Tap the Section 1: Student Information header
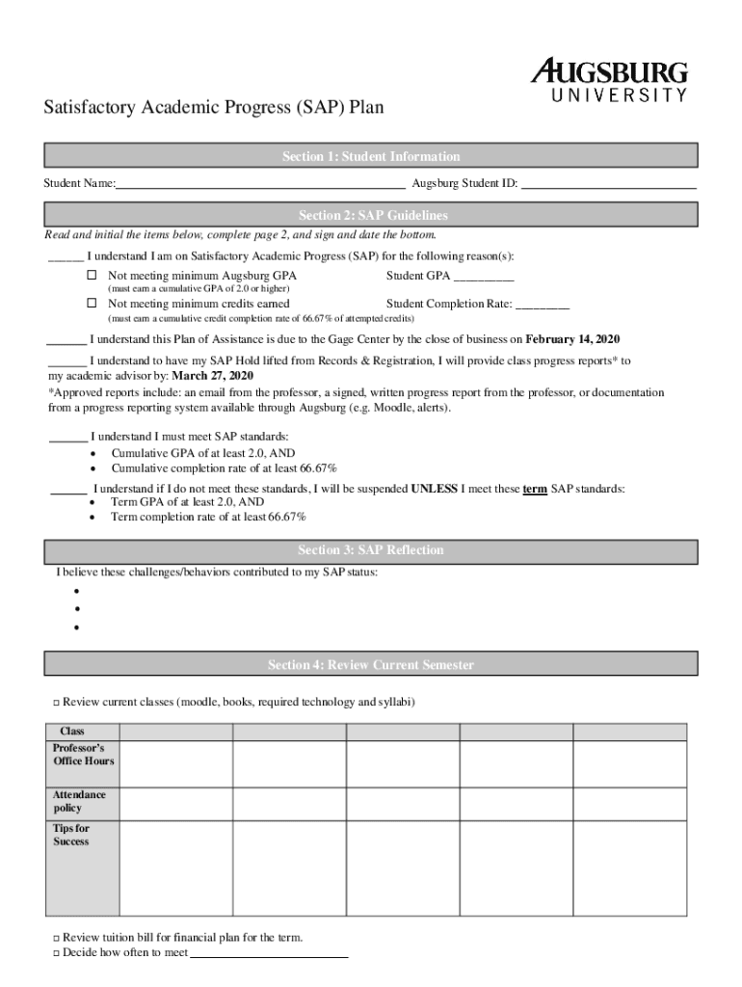(x=371, y=156)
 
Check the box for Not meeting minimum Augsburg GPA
(x=93, y=276)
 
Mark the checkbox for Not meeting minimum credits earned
(x=93, y=304)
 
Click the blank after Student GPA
(x=484, y=278)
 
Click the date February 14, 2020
(x=572, y=339)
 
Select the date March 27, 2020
(x=213, y=375)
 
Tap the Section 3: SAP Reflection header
(x=371, y=550)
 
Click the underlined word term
(x=535, y=489)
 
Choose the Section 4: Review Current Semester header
(x=371, y=665)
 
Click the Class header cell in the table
(x=73, y=732)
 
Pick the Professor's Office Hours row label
(x=83, y=755)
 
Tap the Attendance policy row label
(x=79, y=802)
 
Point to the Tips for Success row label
(x=71, y=835)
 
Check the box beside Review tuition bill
(x=56, y=938)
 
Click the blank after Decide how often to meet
(x=270, y=953)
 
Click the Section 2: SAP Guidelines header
(x=371, y=215)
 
